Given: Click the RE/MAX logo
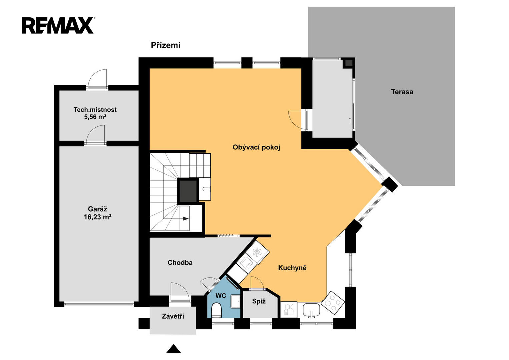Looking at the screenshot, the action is [58, 25].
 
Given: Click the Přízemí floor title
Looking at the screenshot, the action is [165, 45].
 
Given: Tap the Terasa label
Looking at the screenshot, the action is [402, 92].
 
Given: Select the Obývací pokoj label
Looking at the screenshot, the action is [256, 147].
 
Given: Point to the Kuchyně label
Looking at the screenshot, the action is [292, 268].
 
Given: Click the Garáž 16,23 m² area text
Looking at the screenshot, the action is [97, 213].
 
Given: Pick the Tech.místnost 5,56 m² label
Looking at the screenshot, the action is [95, 113].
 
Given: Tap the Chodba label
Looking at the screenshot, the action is [180, 263].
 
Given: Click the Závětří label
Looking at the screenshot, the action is [173, 316].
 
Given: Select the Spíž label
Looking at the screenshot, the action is [259, 301].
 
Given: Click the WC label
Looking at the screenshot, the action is [221, 296].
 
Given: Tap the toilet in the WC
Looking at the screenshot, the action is [216, 310].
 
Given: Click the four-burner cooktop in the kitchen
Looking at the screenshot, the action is [333, 303].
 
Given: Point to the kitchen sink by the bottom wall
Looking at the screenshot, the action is [311, 310].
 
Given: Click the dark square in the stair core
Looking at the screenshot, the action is [188, 191].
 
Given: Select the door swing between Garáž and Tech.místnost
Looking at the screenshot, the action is [96, 135].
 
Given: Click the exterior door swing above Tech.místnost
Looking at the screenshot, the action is [97, 78].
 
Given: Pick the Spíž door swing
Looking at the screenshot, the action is [257, 283].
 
